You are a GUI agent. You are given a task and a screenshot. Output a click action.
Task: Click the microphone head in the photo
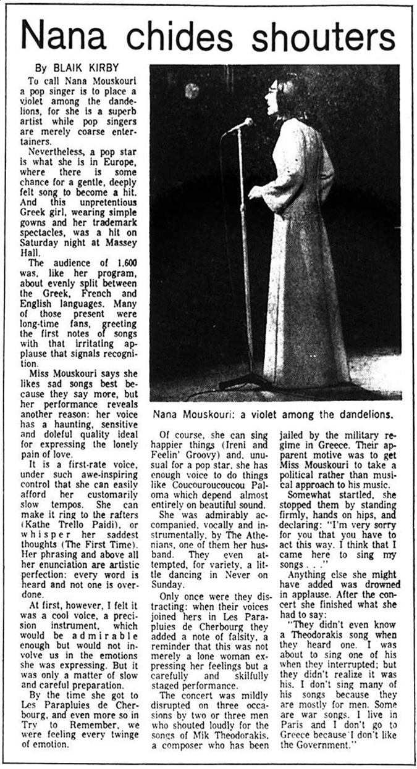pos(243,123)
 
